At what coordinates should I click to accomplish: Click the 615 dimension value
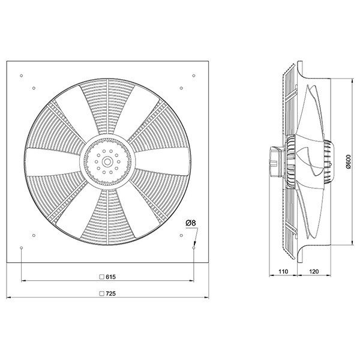[x=110, y=277]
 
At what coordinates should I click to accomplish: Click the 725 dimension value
[x=110, y=293]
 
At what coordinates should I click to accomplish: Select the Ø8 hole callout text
[x=191, y=223]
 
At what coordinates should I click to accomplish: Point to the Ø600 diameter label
[x=348, y=162]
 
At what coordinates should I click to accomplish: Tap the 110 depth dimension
[x=283, y=271]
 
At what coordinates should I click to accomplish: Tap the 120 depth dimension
[x=314, y=271]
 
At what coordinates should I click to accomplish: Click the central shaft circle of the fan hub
[x=107, y=162]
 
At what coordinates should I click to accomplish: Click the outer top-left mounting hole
[x=22, y=76]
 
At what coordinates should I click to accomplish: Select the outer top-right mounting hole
[x=194, y=76]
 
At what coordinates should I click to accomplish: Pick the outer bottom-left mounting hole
[x=22, y=248]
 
